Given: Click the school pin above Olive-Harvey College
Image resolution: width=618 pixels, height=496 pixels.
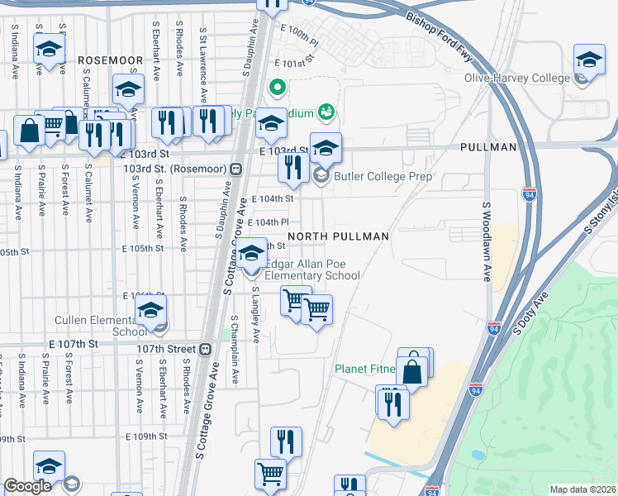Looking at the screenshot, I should click(x=589, y=60).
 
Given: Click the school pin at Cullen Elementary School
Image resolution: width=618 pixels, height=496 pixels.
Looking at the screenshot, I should click(x=151, y=312).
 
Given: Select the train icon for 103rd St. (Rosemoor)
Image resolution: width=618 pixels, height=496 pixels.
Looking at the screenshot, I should click(x=236, y=169).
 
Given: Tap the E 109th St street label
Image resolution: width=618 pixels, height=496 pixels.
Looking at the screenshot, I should click(x=145, y=436).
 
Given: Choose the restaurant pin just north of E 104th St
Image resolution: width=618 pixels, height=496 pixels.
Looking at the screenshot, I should click(x=292, y=169).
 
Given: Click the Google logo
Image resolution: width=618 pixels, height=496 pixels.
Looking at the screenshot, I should click(x=27, y=487).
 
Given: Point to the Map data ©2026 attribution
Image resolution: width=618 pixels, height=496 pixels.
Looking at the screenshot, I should click(x=582, y=489).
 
